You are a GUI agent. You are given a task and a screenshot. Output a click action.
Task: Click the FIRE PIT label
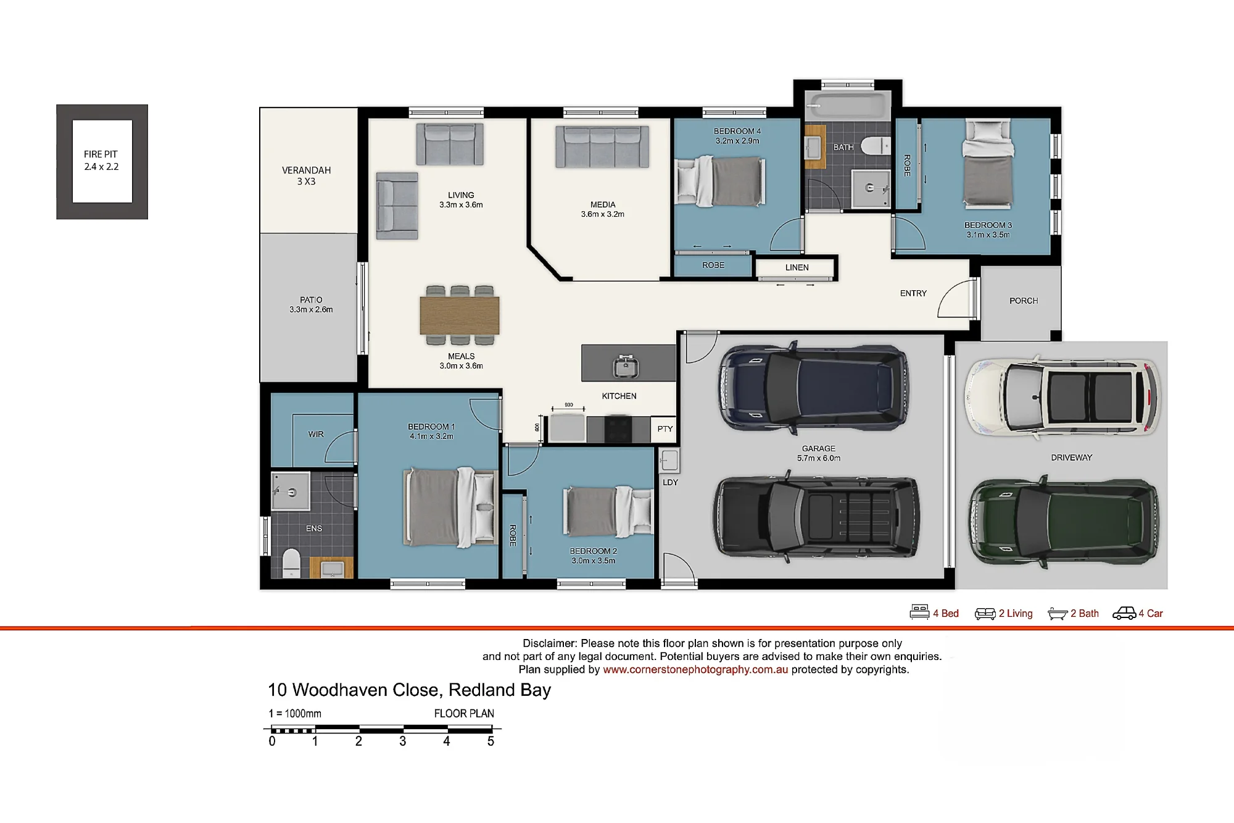pos(101,154)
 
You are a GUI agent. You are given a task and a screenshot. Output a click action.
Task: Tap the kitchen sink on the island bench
pos(626,367)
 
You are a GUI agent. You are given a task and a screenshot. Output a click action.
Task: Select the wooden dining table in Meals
pos(460,315)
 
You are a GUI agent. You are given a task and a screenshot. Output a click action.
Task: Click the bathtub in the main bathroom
pos(848,106)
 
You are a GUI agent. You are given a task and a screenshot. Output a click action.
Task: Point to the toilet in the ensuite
pos(291,563)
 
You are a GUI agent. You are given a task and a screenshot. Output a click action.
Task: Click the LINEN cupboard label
pos(797,267)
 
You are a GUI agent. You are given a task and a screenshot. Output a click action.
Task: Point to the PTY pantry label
pos(665,429)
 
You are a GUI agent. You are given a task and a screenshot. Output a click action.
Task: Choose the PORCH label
pos(1024,301)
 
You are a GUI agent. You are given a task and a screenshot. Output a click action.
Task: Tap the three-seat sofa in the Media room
pos(602,147)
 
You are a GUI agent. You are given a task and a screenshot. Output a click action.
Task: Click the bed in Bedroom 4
pos(720,181)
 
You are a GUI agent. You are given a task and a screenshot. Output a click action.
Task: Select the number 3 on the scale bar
pos(402,741)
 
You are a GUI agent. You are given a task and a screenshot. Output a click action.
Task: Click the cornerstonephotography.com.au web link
pos(695,670)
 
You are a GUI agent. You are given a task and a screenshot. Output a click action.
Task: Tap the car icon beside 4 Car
pos(1124,613)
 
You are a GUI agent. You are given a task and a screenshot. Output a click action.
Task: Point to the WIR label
pos(316,434)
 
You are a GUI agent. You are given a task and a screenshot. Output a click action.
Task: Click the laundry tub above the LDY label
pos(669,461)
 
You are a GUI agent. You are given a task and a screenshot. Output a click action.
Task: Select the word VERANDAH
pos(307,170)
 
